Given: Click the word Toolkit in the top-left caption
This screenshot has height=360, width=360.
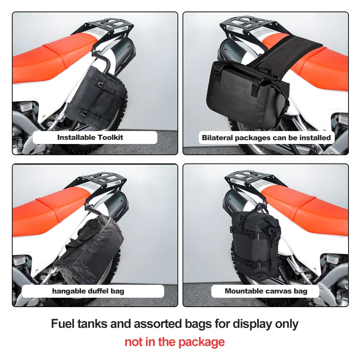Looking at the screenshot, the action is click(x=110, y=137).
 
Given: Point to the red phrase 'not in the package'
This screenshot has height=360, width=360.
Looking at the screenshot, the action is click(x=175, y=342).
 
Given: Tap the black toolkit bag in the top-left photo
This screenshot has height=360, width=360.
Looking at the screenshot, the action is click(x=96, y=94).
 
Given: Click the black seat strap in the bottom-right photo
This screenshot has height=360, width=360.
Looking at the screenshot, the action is click(x=305, y=202).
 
